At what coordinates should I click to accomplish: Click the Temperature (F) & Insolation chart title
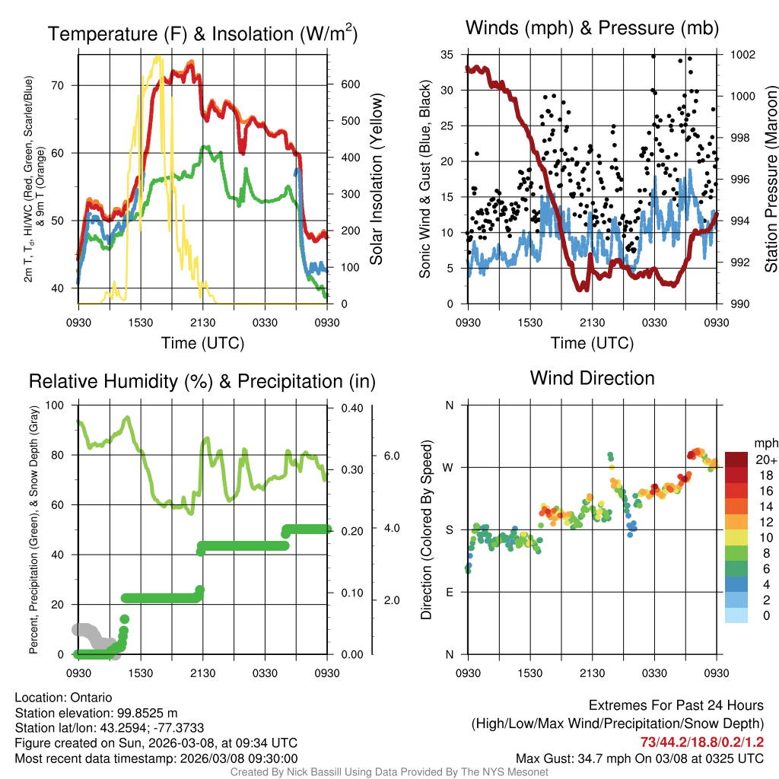click(x=202, y=33)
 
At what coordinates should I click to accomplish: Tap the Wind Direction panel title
click(x=592, y=378)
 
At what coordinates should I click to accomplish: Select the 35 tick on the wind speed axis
click(x=447, y=55)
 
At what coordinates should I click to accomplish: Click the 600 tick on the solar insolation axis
click(x=349, y=84)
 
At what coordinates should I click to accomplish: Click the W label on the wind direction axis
click(x=449, y=467)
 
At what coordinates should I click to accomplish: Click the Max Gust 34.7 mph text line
click(x=640, y=758)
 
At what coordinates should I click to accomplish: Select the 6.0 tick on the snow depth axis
click(x=392, y=456)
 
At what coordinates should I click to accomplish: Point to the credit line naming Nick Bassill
click(x=389, y=772)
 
